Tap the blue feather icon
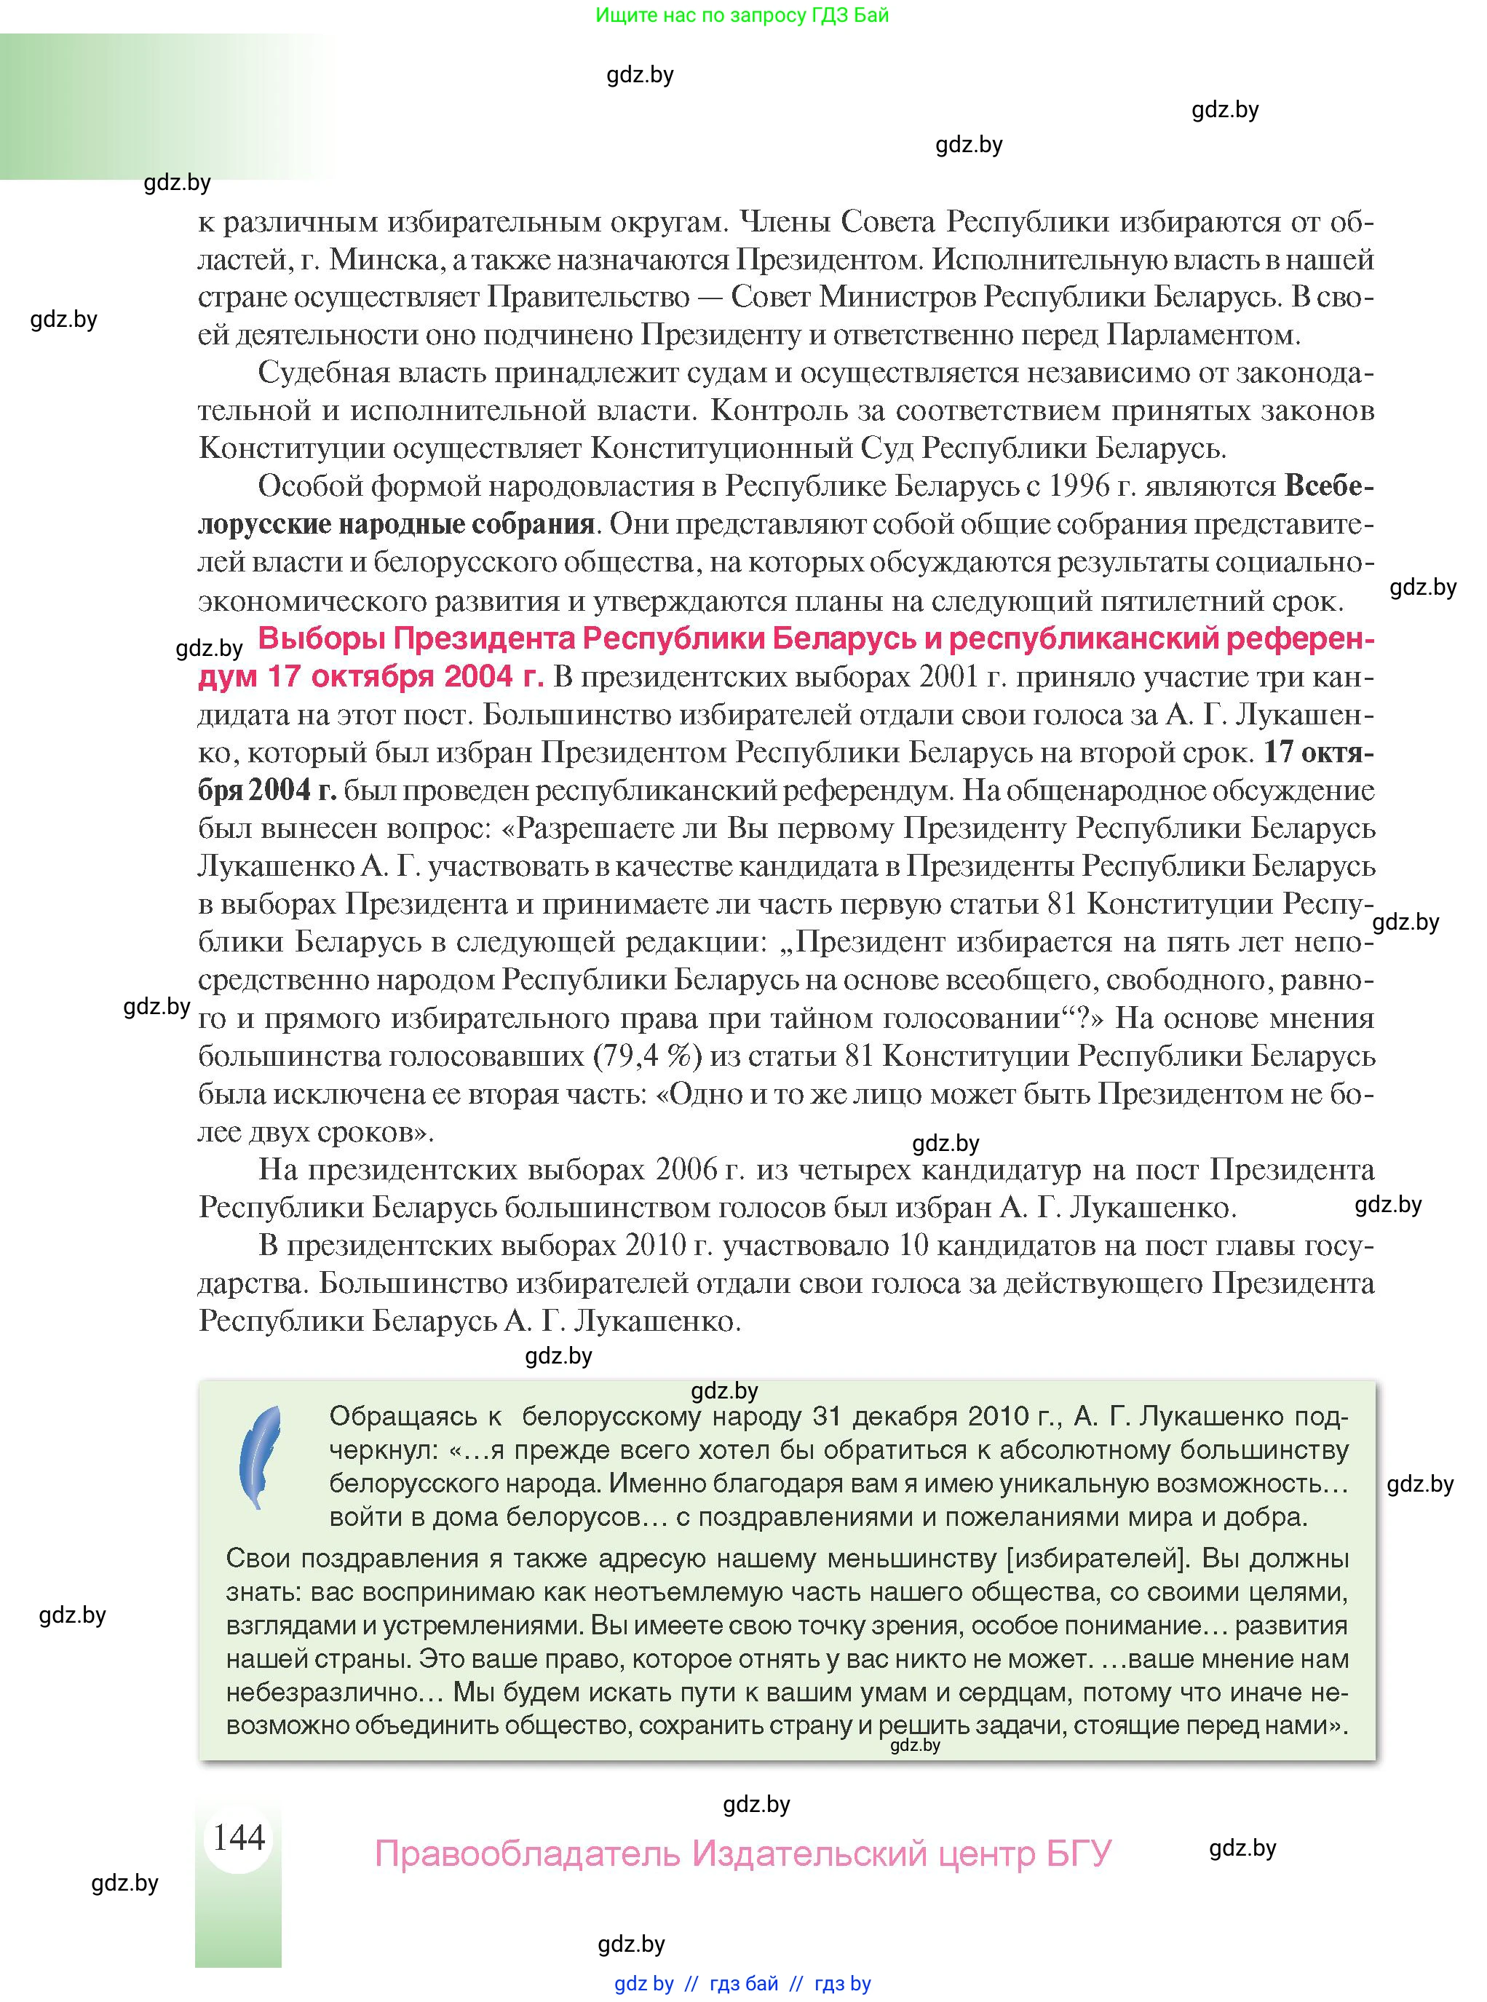(259, 1459)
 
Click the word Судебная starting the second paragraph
(323, 373)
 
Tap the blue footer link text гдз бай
(744, 1983)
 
